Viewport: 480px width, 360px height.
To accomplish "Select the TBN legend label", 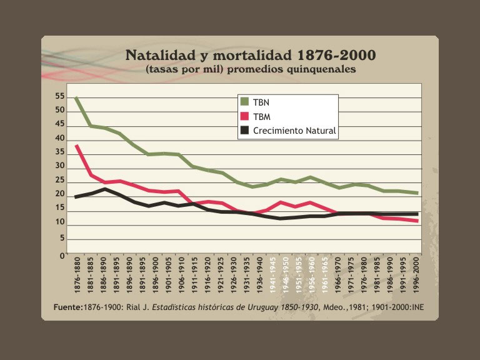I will [261, 102].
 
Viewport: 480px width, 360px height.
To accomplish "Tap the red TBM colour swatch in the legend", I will [245, 117].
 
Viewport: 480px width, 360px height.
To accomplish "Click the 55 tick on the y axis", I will [60, 97].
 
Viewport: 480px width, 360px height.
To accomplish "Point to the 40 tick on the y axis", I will [60, 138].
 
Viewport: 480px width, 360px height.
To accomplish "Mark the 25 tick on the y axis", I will [60, 179].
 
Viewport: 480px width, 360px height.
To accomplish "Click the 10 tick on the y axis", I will [60, 221].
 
